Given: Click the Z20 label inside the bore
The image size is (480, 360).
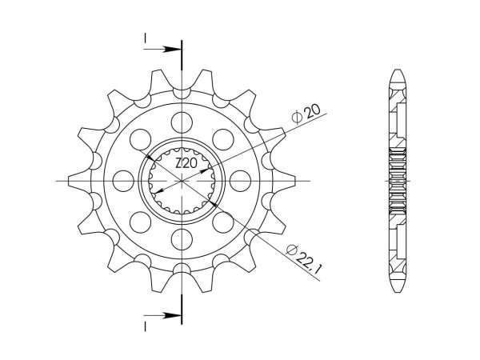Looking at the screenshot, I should [x=186, y=163].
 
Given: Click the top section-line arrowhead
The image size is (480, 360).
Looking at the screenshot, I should [x=174, y=50].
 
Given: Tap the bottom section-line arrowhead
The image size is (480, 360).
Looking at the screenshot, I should [x=174, y=316].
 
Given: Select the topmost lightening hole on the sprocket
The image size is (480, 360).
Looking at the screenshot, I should [x=182, y=122].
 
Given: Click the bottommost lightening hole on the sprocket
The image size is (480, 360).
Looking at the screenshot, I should [x=182, y=239].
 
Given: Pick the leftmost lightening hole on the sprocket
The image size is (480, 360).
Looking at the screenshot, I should [x=124, y=181].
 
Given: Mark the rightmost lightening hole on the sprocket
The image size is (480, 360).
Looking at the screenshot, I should [x=241, y=181].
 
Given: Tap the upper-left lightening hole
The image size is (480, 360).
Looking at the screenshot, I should [x=142, y=139].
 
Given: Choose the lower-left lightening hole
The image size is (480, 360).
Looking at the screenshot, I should [x=142, y=222].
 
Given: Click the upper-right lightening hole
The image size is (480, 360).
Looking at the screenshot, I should [x=224, y=139].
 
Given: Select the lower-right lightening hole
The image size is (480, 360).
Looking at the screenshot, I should [x=224, y=222].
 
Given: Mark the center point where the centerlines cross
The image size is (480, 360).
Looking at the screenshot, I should [x=182, y=181].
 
